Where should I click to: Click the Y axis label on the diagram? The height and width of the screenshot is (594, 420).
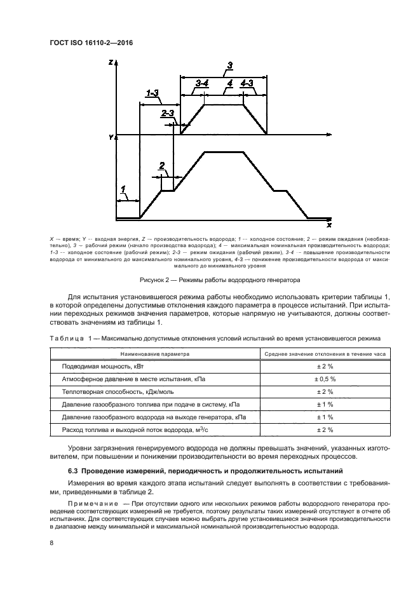coord(111,137)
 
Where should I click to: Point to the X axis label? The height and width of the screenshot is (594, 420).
coord(329,225)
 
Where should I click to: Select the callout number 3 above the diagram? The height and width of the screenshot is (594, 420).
coord(229,65)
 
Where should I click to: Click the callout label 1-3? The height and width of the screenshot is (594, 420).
coord(152,94)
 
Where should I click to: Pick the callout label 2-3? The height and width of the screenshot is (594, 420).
coord(168,113)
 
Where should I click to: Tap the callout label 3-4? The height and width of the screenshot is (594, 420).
coord(202,83)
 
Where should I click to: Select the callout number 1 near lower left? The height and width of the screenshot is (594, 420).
coord(123,189)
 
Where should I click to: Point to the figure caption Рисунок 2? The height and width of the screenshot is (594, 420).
coord(219,280)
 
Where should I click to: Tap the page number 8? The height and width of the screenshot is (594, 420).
coord(51,542)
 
